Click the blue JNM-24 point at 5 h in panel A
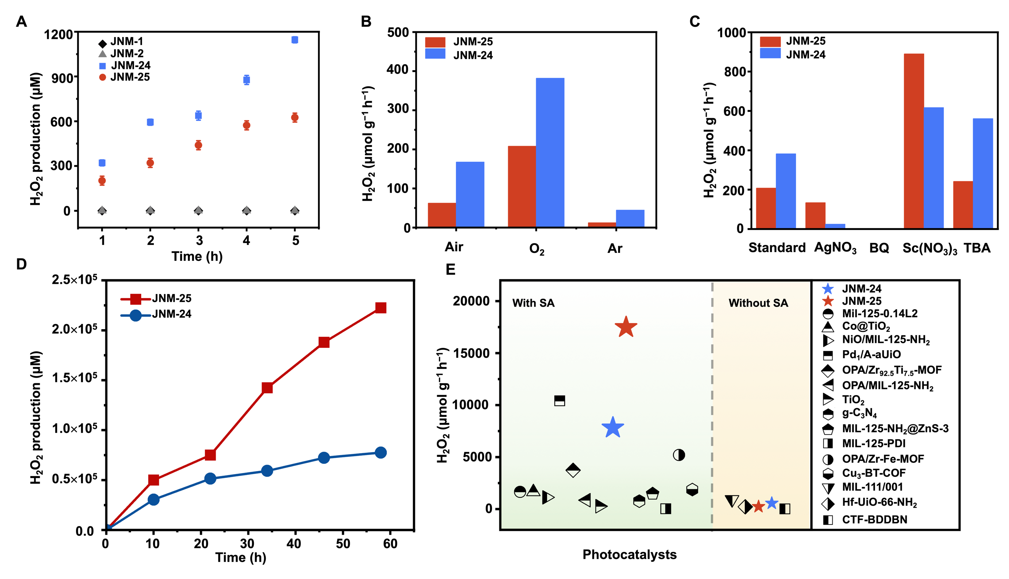pos(295,40)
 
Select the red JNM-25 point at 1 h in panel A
pos(102,181)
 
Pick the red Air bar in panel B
pos(442,215)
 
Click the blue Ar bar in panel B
pos(630,219)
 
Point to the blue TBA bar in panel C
pos(983,173)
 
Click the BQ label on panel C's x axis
pos(879,248)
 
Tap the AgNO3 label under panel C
pos(835,248)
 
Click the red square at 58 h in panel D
pos(381,308)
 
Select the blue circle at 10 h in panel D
pos(153,499)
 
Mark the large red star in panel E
pos(626,327)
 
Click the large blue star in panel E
pos(613,428)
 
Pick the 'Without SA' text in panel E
pos(758,303)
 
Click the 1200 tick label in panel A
pos(58,35)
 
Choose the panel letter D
pos(21,264)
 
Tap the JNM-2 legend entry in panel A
pos(127,53)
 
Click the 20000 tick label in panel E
pos(471,301)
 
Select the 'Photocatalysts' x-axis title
pos(629,554)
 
